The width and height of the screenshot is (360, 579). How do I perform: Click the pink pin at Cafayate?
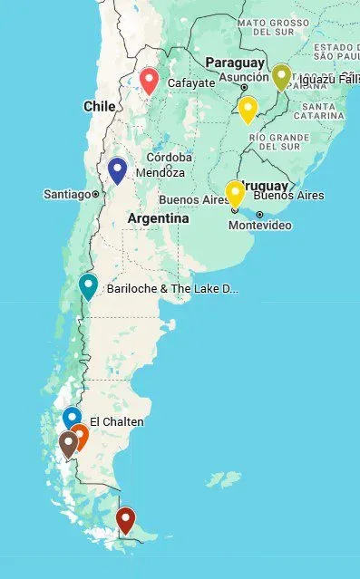[x=151, y=81]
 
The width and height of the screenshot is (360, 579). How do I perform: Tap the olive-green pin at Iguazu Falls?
[x=281, y=77]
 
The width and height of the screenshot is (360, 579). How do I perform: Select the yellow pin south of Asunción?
[x=248, y=109]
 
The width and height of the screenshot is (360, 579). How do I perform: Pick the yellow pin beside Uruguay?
[x=235, y=193]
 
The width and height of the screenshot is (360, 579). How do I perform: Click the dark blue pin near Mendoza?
[x=117, y=169]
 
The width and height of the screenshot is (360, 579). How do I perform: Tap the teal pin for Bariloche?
[x=88, y=285]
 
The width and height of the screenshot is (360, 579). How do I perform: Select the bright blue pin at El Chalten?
[x=73, y=418]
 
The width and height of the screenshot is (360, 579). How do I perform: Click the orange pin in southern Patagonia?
[x=80, y=436]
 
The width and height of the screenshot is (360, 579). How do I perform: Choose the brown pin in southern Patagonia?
[x=68, y=443]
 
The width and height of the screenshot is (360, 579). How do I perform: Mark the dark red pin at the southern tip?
[x=126, y=519]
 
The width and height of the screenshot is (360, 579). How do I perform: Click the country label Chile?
[x=99, y=106]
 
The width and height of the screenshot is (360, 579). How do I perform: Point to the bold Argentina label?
[x=158, y=218]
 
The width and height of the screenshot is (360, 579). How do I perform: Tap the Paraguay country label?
[x=235, y=63]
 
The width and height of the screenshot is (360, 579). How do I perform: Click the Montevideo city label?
[x=260, y=225]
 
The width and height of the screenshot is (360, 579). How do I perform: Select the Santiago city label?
[x=67, y=194]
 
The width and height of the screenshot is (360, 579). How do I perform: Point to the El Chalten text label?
[x=116, y=422]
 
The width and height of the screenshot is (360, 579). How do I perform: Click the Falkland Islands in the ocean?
[x=224, y=478]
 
